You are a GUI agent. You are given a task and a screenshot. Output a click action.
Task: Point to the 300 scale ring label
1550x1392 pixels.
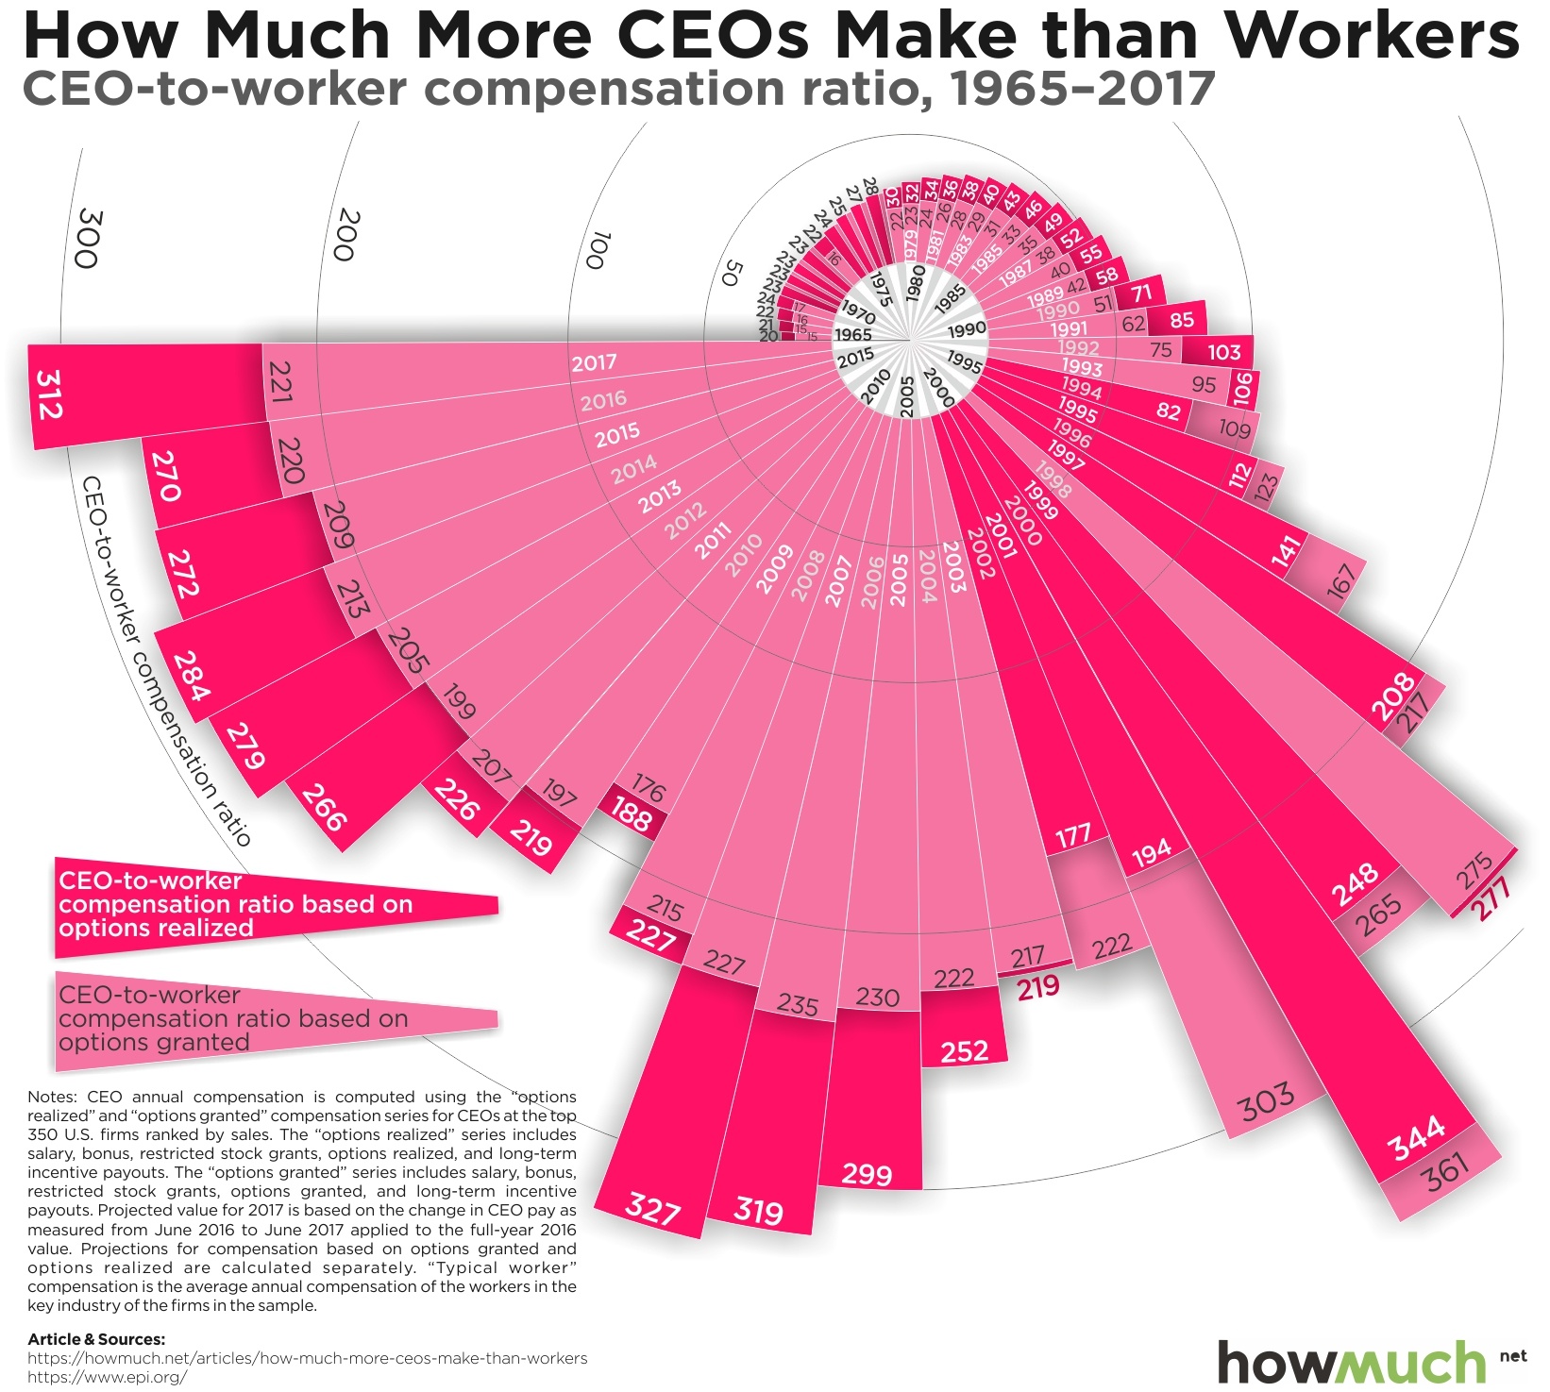coord(88,239)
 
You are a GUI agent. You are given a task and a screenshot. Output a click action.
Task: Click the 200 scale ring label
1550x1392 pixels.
coord(346,235)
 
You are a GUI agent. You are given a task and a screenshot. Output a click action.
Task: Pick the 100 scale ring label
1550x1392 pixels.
coord(597,249)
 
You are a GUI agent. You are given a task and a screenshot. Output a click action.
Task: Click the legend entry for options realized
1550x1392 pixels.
coord(236,905)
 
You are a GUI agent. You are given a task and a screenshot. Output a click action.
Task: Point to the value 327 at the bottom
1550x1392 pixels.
coord(652,1209)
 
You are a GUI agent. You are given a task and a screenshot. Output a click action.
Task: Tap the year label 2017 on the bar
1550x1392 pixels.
coord(594,362)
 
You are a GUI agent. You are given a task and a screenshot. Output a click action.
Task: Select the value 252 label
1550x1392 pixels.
coord(964,1051)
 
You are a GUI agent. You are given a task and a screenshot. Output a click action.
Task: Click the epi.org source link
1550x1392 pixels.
coord(107,1377)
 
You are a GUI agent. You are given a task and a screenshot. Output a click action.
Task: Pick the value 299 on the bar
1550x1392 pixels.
coord(867,1174)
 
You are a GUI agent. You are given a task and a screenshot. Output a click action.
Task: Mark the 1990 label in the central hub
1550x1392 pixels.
coord(966,329)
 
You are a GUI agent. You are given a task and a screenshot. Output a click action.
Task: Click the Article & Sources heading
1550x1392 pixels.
coord(96,1339)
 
